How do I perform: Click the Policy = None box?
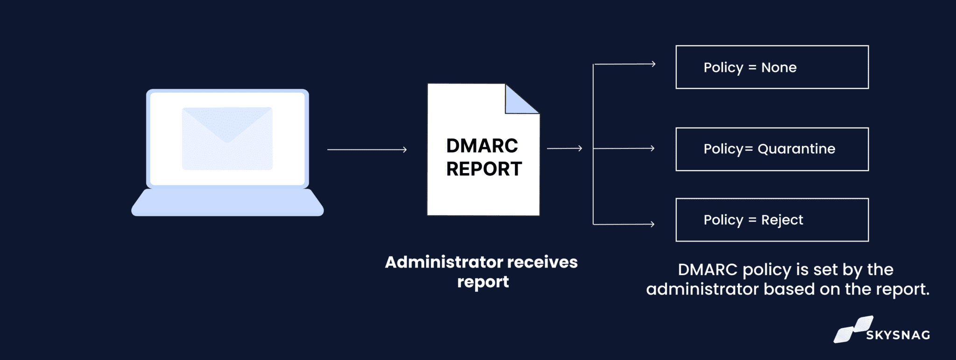pyautogui.click(x=772, y=67)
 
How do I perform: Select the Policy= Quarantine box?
pyautogui.click(x=772, y=149)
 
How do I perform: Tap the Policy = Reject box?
pyautogui.click(x=772, y=220)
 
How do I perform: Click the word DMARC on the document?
pyautogui.click(x=482, y=146)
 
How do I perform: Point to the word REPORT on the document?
pyautogui.click(x=484, y=169)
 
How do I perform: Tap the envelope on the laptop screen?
pyautogui.click(x=227, y=138)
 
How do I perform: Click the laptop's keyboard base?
pyautogui.click(x=227, y=203)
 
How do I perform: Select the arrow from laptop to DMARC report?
pyautogui.click(x=367, y=149)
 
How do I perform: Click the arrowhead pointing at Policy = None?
pyautogui.click(x=653, y=64)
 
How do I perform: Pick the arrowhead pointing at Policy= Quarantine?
pyautogui.click(x=652, y=148)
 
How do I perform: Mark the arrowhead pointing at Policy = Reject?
pyautogui.click(x=652, y=224)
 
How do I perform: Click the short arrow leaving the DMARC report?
pyautogui.click(x=564, y=148)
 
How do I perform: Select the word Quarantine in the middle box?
pyautogui.click(x=796, y=149)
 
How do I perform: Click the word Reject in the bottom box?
pyautogui.click(x=782, y=220)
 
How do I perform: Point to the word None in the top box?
pyautogui.click(x=779, y=67)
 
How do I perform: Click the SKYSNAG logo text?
pyautogui.click(x=898, y=335)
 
